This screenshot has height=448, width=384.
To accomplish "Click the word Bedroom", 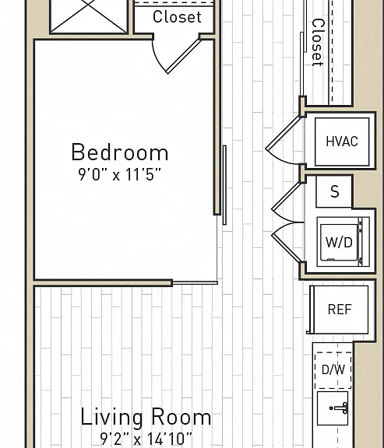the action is pos(120,152).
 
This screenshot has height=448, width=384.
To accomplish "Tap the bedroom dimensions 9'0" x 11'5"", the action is pos(120,174).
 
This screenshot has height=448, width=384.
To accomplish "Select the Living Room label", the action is pos(146,418).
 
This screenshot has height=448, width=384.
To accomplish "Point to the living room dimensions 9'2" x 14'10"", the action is pos(146,439).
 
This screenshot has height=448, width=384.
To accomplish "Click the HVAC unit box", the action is pos(342,142).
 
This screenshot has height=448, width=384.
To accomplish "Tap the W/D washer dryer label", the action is pos(339,243).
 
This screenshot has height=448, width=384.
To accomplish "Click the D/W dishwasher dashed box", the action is pos(333,370).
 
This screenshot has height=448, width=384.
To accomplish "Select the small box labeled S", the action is pos(334,191).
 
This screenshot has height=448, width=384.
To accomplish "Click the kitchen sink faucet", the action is pos(340,408).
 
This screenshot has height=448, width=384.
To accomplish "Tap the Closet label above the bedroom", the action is pos(177,17).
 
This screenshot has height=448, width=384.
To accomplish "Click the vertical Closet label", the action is pos(318,43).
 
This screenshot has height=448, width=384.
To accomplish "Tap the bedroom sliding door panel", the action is pos(224,185).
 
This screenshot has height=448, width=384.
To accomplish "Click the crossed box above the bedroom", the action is pos(89,16).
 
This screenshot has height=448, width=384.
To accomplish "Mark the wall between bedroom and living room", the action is pos(103,283).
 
